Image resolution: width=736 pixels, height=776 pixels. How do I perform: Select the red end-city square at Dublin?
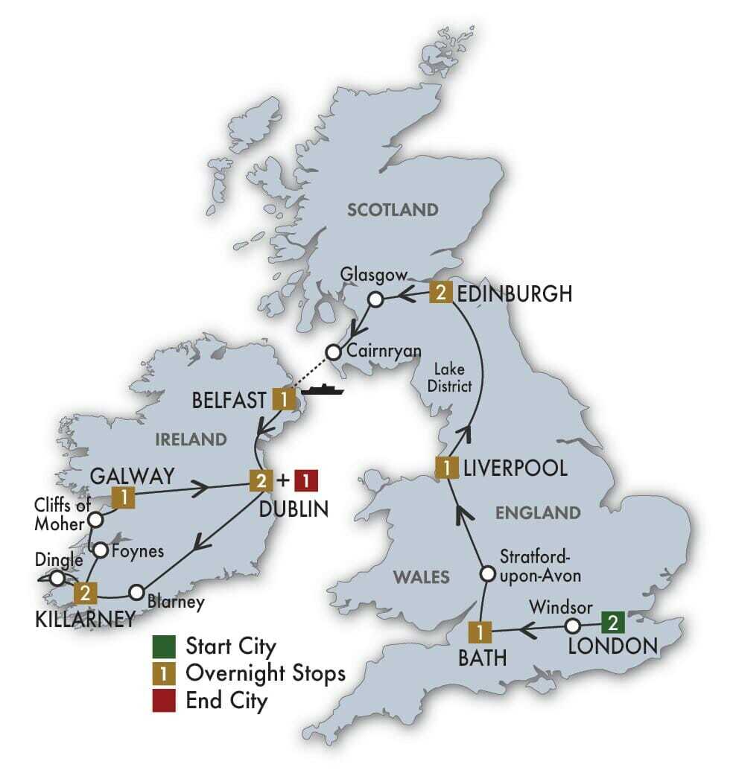click(307, 481)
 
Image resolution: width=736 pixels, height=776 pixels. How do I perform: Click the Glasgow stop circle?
click(376, 299)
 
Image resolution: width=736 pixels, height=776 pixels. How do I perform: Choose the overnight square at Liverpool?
click(446, 468)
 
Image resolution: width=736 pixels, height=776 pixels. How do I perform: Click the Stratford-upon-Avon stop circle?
click(486, 574)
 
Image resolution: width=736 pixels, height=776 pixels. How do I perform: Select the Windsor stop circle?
click(572, 626)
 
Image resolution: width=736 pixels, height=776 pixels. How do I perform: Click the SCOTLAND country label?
click(393, 210)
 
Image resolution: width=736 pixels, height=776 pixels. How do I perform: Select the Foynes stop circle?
click(101, 550)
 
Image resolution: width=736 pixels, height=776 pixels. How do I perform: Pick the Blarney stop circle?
click(136, 593)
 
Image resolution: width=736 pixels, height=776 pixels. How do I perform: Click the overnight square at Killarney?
click(86, 593)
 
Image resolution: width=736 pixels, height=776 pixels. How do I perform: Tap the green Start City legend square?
click(162, 645)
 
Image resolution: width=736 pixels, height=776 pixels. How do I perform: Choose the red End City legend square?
click(162, 700)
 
